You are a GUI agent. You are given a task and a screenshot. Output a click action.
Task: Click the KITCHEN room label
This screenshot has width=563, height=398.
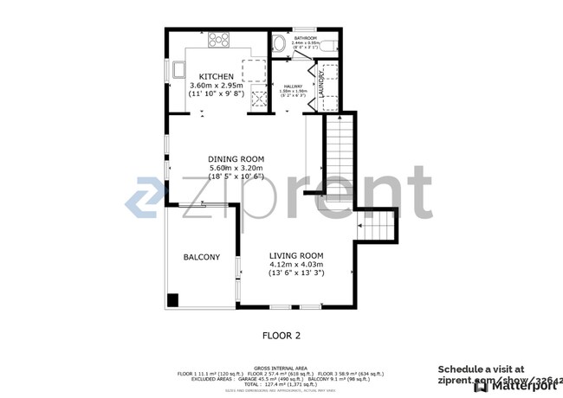pyautogui.click(x=216, y=77)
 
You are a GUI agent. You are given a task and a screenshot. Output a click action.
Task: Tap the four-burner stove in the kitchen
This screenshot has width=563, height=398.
pyautogui.click(x=218, y=40)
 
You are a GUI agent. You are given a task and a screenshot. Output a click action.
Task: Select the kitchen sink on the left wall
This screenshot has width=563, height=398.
pyautogui.click(x=178, y=68)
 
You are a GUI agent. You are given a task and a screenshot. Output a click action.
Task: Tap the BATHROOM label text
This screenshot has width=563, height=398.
pyautogui.click(x=304, y=38)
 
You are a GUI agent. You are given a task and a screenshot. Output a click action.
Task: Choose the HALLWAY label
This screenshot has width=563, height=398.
pyautogui.click(x=291, y=86)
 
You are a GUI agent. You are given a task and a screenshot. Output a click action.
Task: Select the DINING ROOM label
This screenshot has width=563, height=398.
pyautogui.click(x=236, y=159)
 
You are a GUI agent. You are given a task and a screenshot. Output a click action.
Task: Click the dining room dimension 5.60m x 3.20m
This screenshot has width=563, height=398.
pyautogui.click(x=236, y=168)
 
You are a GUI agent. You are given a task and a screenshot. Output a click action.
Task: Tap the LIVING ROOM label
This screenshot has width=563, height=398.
pyautogui.click(x=296, y=255)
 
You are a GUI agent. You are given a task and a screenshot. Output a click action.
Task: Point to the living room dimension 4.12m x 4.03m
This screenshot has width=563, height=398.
pyautogui.click(x=296, y=265)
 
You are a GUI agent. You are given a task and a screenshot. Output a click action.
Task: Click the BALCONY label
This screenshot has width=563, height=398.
pyautogui.click(x=201, y=257)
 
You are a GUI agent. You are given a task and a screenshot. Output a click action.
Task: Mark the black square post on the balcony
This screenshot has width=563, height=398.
pyautogui.click(x=172, y=300)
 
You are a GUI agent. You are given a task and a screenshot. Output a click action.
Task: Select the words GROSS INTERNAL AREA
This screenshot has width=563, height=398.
pyautogui.click(x=281, y=368)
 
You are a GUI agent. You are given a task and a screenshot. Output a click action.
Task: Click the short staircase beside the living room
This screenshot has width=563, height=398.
pyautogui.click(x=378, y=227)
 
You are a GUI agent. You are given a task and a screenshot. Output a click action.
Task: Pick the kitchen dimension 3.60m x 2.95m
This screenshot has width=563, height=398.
pyautogui.click(x=216, y=86)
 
